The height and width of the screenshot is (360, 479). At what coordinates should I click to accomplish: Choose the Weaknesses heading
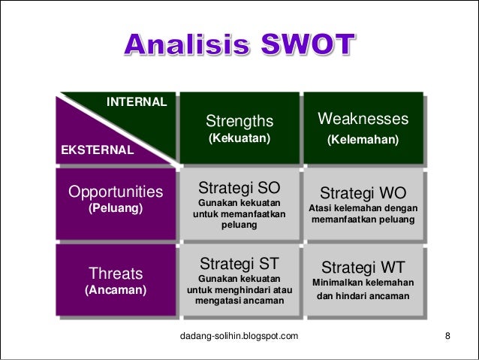[363, 120]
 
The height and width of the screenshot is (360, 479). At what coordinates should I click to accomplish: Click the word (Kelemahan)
[363, 141]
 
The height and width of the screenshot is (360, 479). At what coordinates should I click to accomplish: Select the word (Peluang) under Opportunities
[116, 207]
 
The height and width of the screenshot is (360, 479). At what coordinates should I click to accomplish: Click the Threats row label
[116, 271]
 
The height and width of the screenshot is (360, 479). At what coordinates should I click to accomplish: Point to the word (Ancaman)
[116, 289]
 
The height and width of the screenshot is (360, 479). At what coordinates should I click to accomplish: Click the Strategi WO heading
[363, 192]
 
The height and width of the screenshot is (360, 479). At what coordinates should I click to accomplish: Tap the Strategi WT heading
[363, 267]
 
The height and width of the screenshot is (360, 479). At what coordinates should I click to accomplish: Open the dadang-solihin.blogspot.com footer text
[239, 334]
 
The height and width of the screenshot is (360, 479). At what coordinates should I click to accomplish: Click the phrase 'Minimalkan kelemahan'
[363, 283]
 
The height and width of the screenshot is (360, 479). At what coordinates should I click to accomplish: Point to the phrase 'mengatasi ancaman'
[239, 301]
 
